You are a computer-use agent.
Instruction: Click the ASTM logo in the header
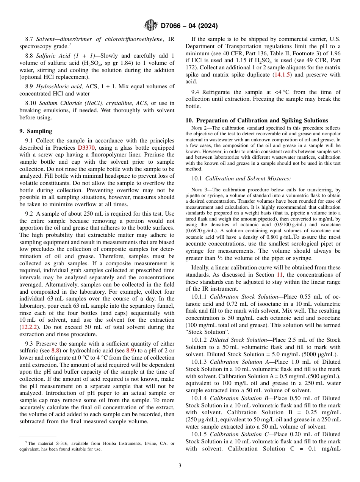click(x=151, y=26)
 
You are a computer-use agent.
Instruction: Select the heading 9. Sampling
click(x=36, y=131)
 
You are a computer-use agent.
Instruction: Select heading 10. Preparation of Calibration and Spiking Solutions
click(x=257, y=121)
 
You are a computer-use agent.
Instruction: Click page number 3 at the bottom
click(x=180, y=465)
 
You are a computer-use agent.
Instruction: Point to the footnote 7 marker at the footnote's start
click(x=26, y=443)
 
